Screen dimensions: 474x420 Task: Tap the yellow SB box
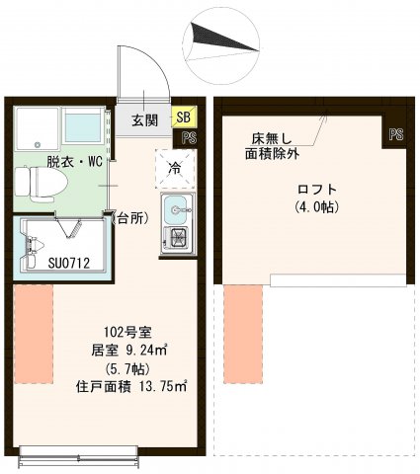[184, 118]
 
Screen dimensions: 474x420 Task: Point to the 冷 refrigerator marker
[174, 168]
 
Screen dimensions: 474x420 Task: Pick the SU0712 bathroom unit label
[42, 264]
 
